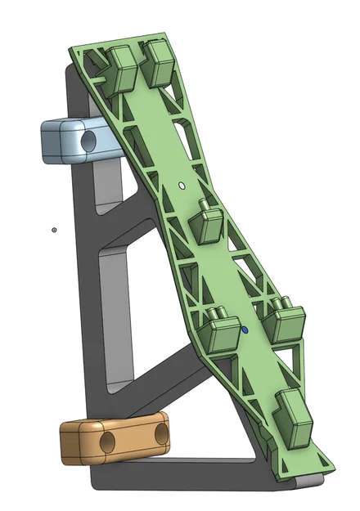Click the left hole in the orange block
tap(107, 443)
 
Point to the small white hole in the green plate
tap(180, 186)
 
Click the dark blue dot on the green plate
tap(244, 330)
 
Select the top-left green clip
tap(121, 68)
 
